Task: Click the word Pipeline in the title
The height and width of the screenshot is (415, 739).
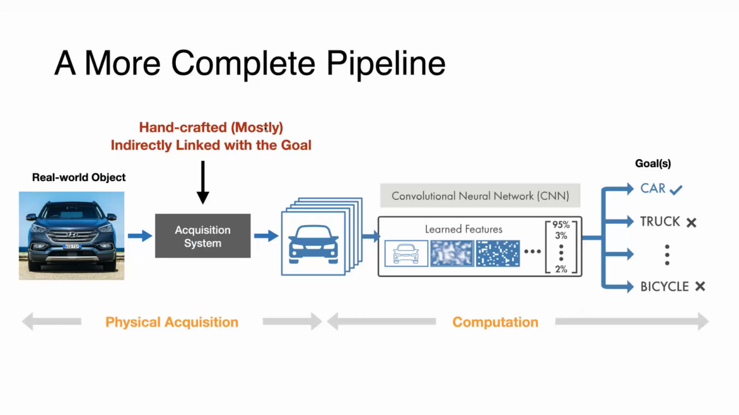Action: (x=386, y=63)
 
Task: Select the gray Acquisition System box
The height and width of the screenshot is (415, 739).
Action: (x=203, y=236)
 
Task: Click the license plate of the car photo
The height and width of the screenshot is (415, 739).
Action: (x=72, y=247)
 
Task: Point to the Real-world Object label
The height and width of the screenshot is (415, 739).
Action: (x=79, y=177)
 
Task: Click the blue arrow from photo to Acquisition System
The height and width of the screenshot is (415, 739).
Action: (x=140, y=235)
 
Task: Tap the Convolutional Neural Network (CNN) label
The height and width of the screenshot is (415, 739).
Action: (x=480, y=196)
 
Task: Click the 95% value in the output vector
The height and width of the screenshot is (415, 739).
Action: (x=561, y=225)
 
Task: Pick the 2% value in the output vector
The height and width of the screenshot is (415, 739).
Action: (x=561, y=269)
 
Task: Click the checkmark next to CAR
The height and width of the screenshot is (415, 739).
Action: (x=676, y=189)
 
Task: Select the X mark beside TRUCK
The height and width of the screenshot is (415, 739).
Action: (x=691, y=223)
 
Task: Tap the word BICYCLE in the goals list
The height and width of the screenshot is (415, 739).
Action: (x=664, y=286)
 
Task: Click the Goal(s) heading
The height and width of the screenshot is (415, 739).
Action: (x=653, y=164)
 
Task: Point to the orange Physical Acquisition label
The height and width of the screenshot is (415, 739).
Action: (x=172, y=322)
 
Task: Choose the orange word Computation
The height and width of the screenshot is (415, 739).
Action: (x=495, y=322)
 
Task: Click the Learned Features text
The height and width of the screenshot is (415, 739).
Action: (x=464, y=229)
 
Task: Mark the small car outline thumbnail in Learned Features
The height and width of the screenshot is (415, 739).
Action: (x=406, y=254)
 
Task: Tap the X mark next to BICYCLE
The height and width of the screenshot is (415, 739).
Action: (x=700, y=286)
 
